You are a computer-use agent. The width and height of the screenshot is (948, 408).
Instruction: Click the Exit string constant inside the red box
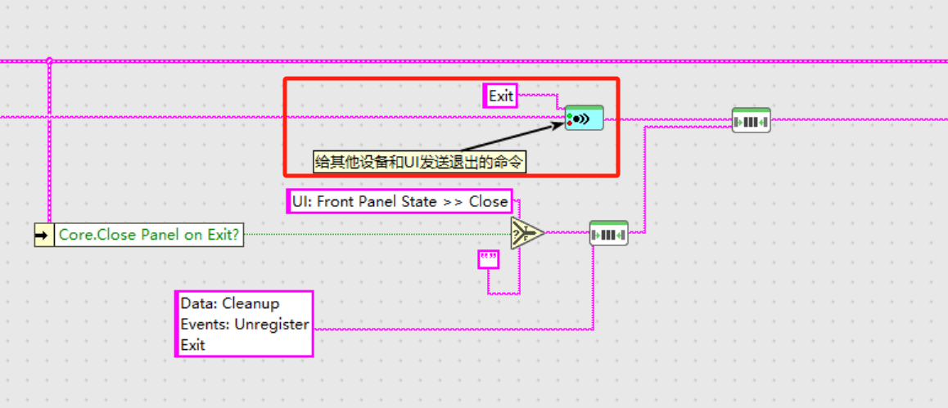click(x=500, y=96)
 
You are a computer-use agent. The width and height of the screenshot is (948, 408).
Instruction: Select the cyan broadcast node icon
click(x=584, y=119)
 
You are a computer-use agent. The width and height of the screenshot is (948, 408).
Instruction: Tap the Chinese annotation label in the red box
click(x=420, y=162)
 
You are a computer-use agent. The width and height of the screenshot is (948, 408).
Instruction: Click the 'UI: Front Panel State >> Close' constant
click(x=400, y=201)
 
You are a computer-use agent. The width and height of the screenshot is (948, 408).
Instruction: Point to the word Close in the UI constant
click(x=489, y=201)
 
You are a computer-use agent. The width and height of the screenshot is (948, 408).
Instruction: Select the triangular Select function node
click(x=526, y=233)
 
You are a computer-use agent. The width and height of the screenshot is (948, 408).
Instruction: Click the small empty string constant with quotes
click(x=489, y=260)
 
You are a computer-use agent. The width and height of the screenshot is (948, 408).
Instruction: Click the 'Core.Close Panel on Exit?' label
click(x=148, y=235)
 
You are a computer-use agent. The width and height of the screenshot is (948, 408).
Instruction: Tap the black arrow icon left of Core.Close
click(x=43, y=235)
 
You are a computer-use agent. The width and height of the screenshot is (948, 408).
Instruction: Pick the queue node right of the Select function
click(x=608, y=234)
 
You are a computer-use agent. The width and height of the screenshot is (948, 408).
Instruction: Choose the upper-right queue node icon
click(x=751, y=121)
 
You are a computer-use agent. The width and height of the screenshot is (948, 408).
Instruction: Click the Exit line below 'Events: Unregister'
click(x=193, y=345)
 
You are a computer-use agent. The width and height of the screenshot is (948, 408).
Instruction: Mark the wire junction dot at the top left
click(x=49, y=61)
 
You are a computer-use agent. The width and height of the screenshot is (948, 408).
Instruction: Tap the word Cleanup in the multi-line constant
click(x=251, y=303)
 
